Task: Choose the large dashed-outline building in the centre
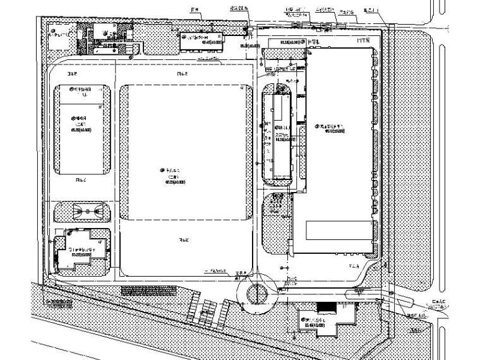tap(185, 152)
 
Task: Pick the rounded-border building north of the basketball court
tap(83, 129)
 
